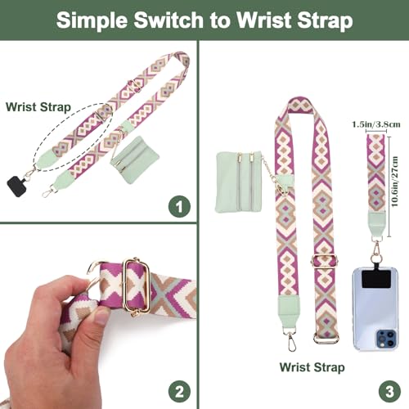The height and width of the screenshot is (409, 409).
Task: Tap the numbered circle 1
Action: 179,207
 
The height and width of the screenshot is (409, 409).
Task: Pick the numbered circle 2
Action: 179,389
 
